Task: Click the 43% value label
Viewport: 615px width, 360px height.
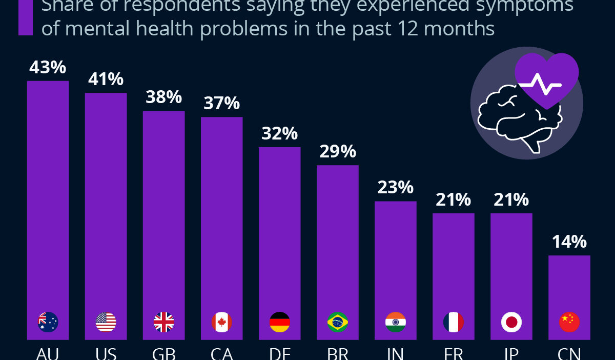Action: [48, 67]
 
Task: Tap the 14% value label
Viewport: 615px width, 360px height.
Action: [569, 242]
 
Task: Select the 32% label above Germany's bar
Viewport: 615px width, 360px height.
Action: [279, 133]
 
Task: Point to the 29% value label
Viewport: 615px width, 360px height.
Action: [337, 151]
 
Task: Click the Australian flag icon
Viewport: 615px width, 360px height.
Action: [48, 322]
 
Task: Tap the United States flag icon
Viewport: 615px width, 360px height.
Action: [106, 322]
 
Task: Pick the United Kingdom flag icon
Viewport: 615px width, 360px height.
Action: [163, 322]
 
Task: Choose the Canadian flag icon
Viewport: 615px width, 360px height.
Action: [221, 322]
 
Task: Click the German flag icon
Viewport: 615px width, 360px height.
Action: [279, 322]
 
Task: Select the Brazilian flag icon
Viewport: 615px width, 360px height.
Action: [337, 322]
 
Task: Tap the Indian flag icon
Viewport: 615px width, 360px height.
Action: [395, 322]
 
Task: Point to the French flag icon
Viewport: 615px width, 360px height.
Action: [453, 322]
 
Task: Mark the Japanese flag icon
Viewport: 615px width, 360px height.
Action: [511, 322]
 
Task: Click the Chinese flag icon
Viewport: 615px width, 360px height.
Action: [569, 322]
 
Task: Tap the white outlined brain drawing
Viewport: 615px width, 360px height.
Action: [508, 115]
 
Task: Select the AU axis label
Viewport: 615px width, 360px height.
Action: [48, 354]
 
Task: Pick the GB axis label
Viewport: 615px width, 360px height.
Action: [163, 354]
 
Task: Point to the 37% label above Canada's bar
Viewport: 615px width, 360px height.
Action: [221, 103]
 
